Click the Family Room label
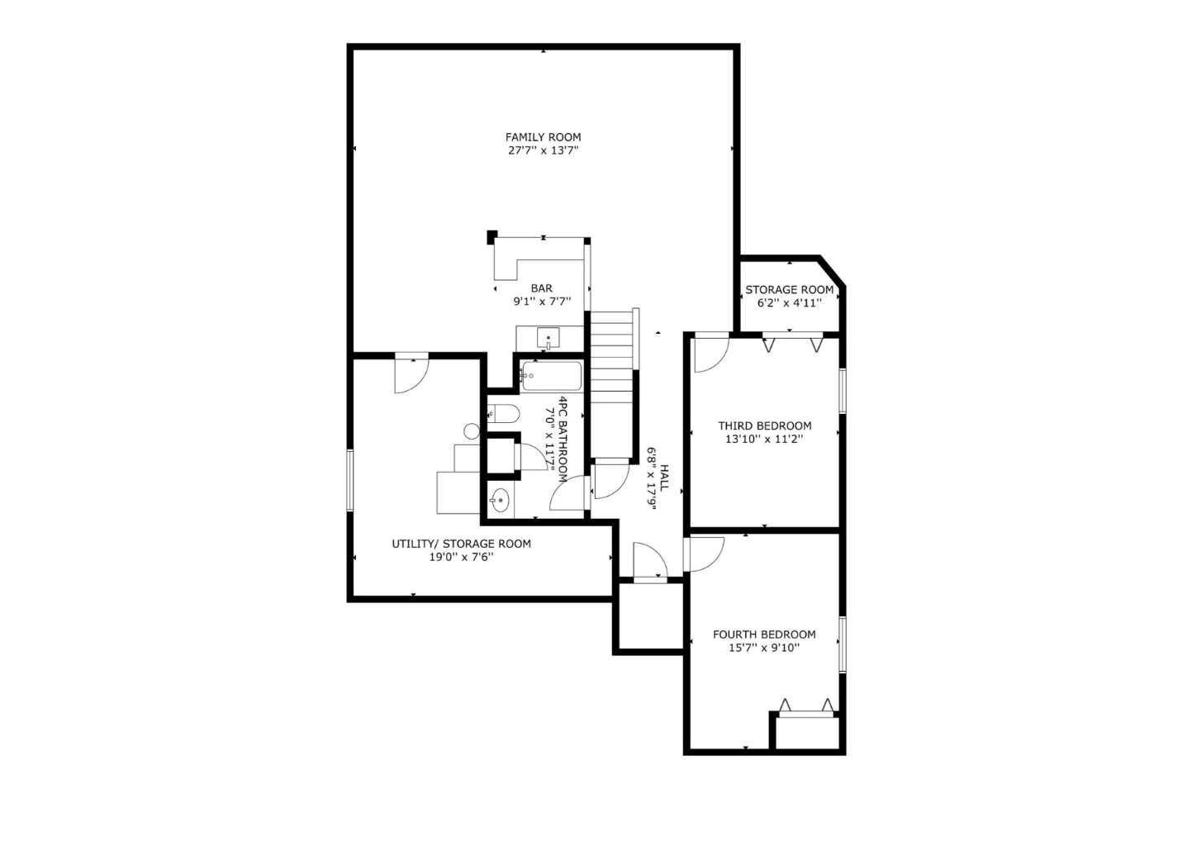543,137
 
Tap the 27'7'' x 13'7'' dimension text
543,151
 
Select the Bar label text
542,288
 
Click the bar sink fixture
549,338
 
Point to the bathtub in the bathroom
551,378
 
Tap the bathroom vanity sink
500,499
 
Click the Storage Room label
789,290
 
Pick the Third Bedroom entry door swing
708,354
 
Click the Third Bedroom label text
764,426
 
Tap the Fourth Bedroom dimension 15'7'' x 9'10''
764,649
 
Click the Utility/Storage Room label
461,544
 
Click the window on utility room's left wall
350,480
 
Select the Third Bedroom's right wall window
843,390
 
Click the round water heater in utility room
472,430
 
